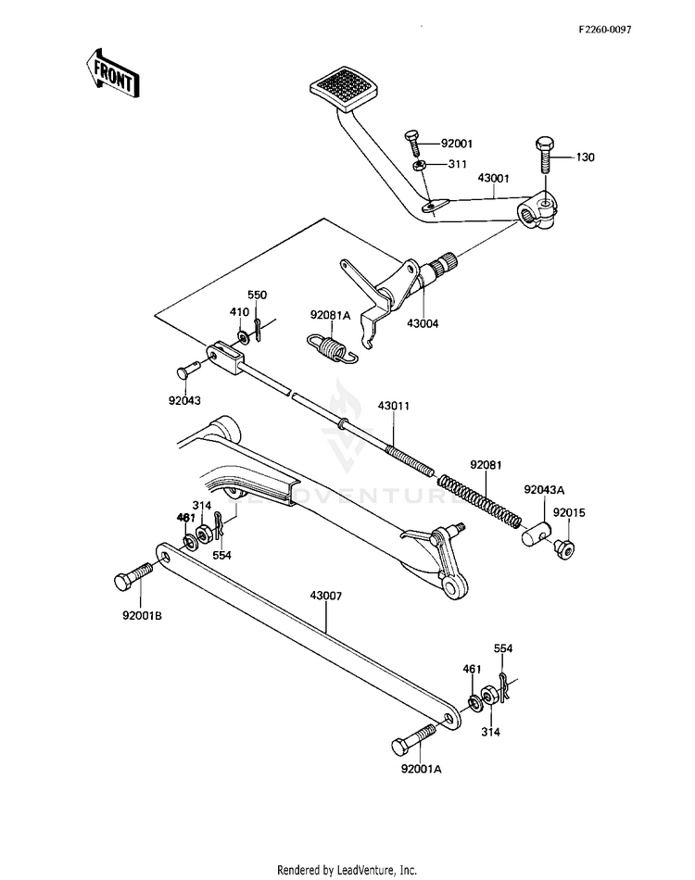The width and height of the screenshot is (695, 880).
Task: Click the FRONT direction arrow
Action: point(112,73)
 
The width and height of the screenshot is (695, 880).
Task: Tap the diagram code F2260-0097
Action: point(605,30)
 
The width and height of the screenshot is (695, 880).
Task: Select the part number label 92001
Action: point(457,144)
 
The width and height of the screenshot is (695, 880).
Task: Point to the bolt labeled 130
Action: point(545,154)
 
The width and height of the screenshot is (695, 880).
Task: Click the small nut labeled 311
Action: point(418,166)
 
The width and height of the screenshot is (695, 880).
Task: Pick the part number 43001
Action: point(494,179)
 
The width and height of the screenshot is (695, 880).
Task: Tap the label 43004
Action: point(423,324)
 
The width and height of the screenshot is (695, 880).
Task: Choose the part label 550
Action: point(257,295)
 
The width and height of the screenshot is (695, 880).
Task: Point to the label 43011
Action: point(394,406)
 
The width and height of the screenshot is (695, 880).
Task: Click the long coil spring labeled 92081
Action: point(480,501)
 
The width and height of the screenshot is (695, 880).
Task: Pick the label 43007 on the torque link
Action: point(325,596)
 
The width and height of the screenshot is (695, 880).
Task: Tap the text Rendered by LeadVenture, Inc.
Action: point(347,869)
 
